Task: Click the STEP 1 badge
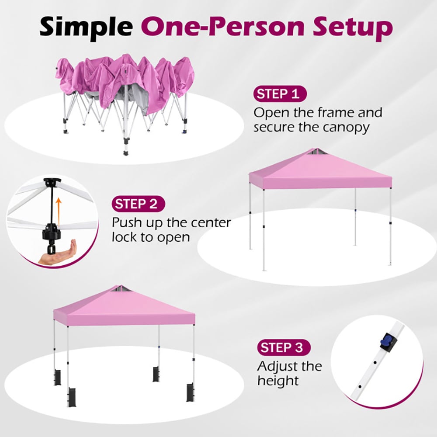tap(280, 94)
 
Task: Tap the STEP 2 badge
tap(138, 204)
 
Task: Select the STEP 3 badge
tap(284, 347)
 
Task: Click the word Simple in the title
tap(87, 27)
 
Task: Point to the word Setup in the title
tap(353, 27)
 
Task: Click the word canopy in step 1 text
tap(346, 128)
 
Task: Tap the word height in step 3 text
tap(278, 381)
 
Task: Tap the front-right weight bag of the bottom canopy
tap(191, 392)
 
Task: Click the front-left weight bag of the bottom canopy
tap(71, 397)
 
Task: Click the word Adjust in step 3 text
tap(281, 367)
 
